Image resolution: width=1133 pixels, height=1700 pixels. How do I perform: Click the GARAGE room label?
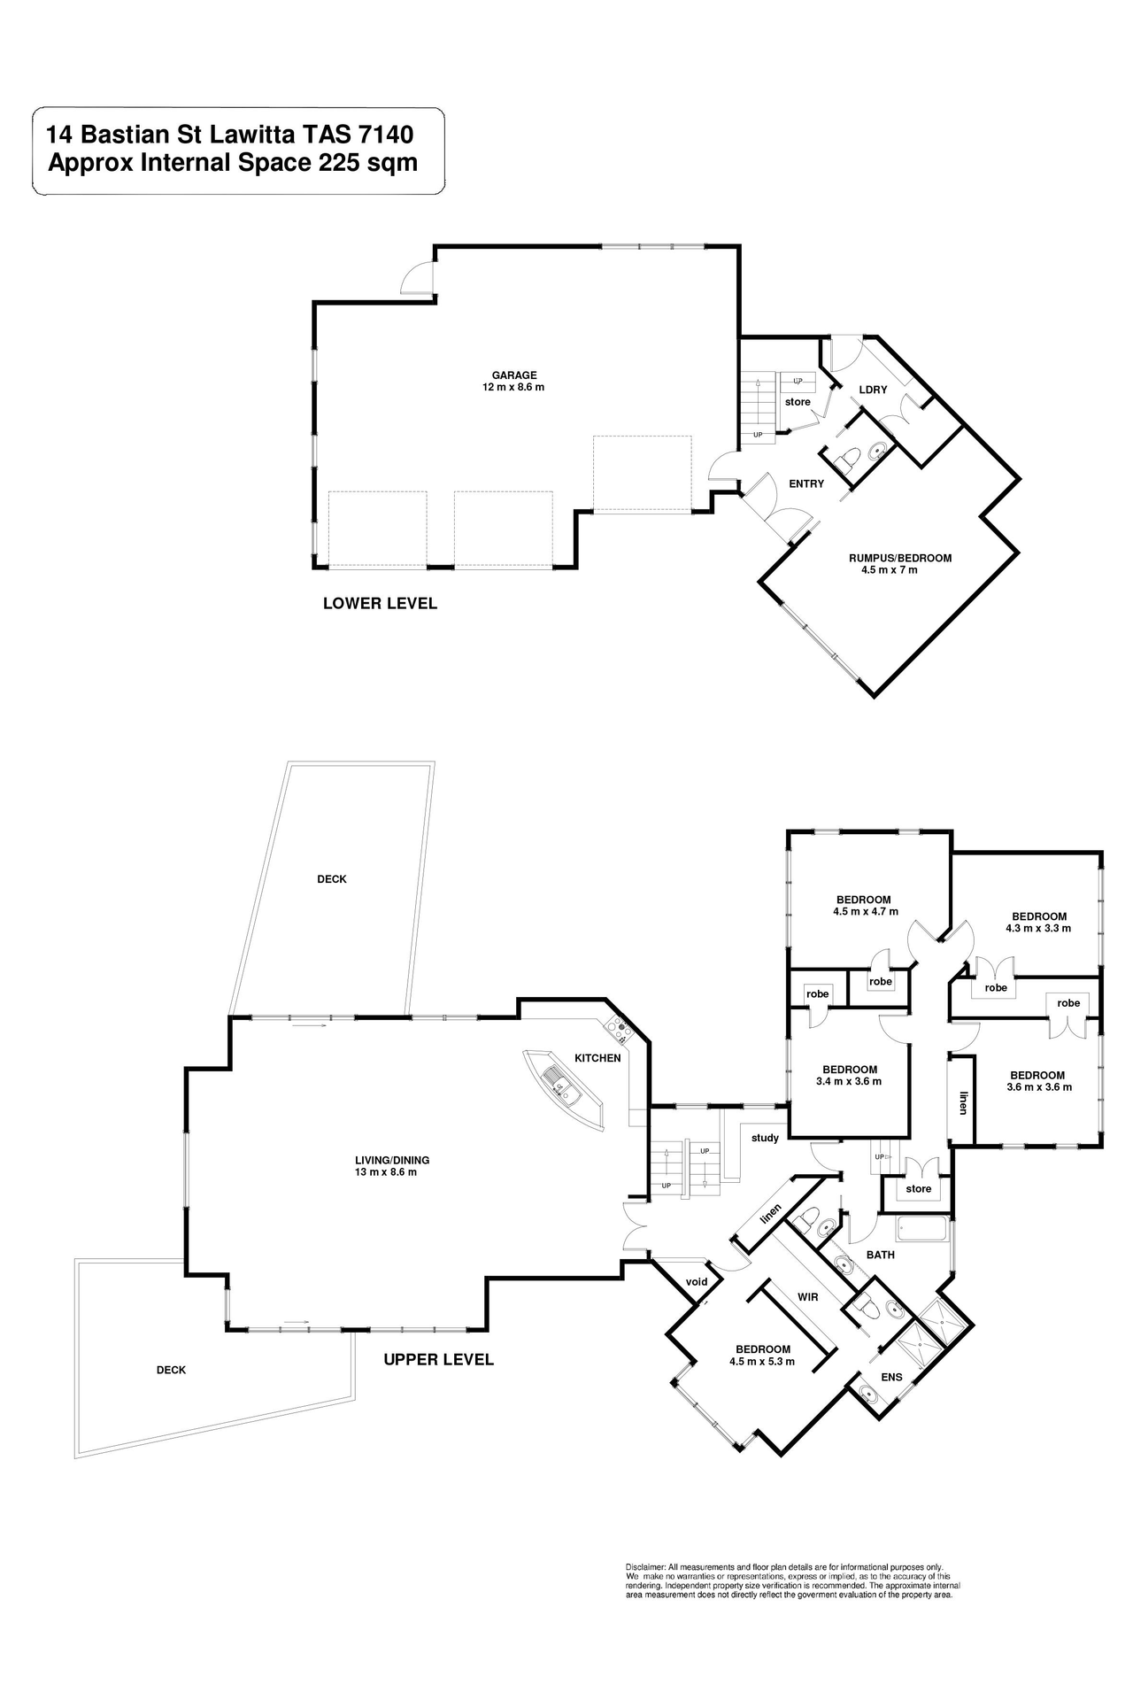tap(514, 375)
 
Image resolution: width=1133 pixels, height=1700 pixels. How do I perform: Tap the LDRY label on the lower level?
tap(873, 390)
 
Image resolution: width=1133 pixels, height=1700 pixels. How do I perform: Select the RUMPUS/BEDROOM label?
tap(899, 558)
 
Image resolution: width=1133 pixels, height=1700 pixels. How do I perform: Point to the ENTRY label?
tap(806, 483)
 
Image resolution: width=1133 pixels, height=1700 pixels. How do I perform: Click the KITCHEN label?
tap(597, 1058)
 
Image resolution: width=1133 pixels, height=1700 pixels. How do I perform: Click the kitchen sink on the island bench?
tap(561, 1086)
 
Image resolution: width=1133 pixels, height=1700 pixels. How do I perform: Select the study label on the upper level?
tap(765, 1138)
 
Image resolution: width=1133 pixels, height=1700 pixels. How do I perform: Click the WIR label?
tap(807, 1297)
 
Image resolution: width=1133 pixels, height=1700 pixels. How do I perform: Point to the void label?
tap(697, 1282)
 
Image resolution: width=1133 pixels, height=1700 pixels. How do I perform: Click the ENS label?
tap(891, 1377)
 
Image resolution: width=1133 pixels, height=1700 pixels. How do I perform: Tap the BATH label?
tap(881, 1255)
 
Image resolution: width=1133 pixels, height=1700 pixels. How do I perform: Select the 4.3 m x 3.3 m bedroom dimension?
tap(1038, 929)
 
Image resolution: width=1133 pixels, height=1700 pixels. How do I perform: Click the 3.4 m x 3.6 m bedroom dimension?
tap(849, 1081)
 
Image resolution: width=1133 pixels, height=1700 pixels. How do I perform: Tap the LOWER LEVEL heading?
tap(380, 604)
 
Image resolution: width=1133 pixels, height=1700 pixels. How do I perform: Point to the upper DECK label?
tap(332, 879)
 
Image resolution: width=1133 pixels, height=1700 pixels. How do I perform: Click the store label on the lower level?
tap(798, 402)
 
